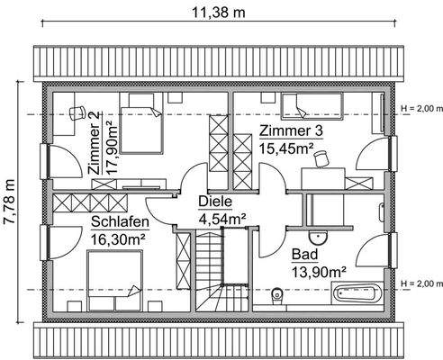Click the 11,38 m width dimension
click(x=221, y=12)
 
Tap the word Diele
click(x=215, y=202)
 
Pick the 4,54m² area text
click(x=223, y=217)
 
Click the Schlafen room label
click(x=121, y=223)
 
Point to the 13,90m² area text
click(x=319, y=271)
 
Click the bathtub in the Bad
click(x=359, y=292)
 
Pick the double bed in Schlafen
click(x=113, y=277)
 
